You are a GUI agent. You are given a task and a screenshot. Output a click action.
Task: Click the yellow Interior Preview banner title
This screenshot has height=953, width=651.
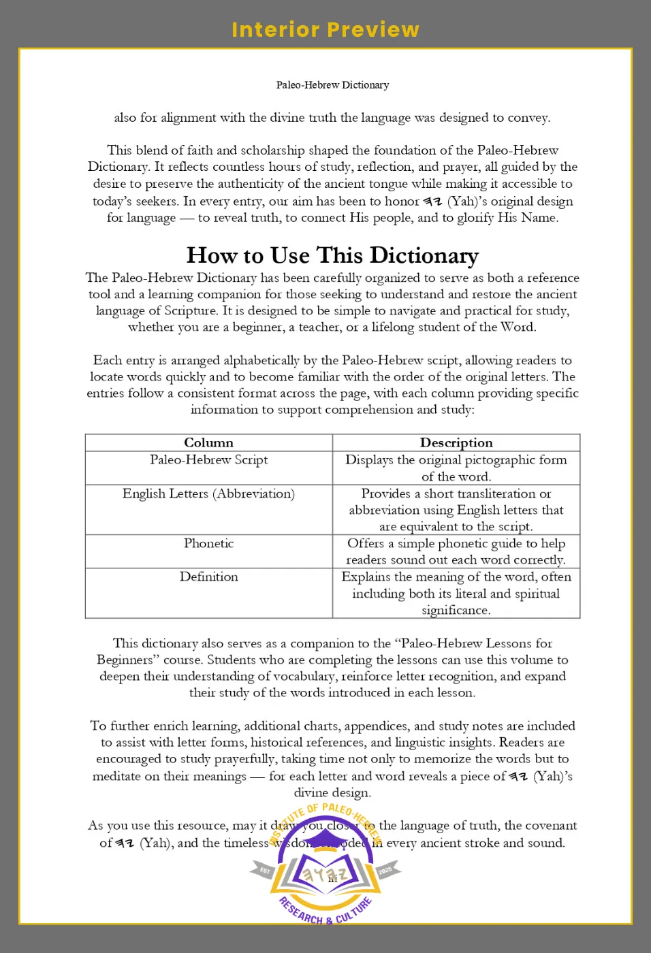(325, 30)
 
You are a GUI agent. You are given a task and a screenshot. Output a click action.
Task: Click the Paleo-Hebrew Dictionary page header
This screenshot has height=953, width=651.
(332, 85)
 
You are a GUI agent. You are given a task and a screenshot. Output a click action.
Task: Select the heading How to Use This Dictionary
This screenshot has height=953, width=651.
(332, 255)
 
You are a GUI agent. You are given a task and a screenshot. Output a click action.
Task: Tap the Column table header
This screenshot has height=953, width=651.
(208, 442)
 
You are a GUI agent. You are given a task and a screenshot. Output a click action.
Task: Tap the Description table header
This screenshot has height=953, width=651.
(456, 442)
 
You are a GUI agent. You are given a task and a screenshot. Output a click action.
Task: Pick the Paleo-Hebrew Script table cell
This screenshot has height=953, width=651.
(208, 460)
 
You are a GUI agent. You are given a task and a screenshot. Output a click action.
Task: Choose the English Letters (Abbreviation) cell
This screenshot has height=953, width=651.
(208, 494)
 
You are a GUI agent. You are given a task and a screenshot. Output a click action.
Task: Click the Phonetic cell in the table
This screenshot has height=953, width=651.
(208, 543)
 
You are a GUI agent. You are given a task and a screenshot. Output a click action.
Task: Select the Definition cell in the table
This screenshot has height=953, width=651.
(208, 577)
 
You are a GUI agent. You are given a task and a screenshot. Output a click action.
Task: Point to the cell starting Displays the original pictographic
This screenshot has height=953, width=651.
(456, 468)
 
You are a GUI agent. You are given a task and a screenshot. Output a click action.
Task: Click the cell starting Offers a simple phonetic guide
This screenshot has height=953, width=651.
(456, 551)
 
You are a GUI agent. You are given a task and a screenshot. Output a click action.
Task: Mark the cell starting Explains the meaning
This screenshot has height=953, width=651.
(456, 594)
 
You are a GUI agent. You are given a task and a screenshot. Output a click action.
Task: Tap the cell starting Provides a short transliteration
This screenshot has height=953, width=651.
(456, 510)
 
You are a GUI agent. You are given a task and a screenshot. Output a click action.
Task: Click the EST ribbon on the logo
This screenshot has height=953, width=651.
(264, 871)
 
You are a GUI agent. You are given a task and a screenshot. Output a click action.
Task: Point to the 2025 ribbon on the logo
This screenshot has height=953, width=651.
(385, 871)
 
